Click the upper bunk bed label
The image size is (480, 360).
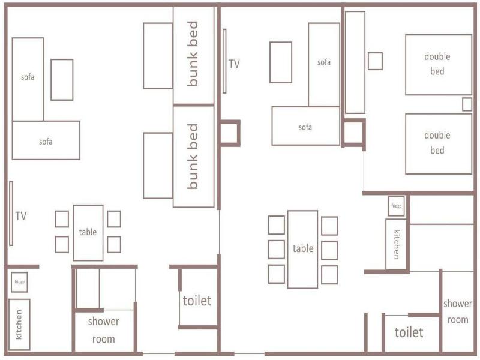pyautogui.click(x=193, y=54)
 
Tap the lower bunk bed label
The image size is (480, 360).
pyautogui.click(x=193, y=157)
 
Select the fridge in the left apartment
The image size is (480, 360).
pyautogui.click(x=19, y=282)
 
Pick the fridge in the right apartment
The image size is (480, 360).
pyautogui.click(x=397, y=206)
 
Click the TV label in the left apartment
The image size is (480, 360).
pyautogui.click(x=21, y=216)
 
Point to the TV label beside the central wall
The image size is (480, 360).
pyautogui.click(x=234, y=64)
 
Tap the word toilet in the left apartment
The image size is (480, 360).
pyautogui.click(x=197, y=301)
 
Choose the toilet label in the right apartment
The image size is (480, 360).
pyautogui.click(x=409, y=332)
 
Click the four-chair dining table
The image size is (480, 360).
pyautogui.click(x=88, y=233)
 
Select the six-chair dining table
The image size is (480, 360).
pyautogui.click(x=302, y=250)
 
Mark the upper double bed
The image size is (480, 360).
pyautogui.click(x=439, y=65)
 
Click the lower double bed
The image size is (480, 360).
pyautogui.click(x=439, y=144)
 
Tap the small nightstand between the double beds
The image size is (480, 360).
pyautogui.click(x=467, y=104)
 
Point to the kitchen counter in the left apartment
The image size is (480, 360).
pyautogui.click(x=19, y=325)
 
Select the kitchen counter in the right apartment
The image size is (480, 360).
pyautogui.click(x=396, y=244)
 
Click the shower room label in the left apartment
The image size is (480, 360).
pyautogui.click(x=103, y=331)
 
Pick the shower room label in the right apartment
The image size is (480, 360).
pyautogui.click(x=458, y=311)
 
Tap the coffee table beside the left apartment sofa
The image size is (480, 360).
pyautogui.click(x=62, y=80)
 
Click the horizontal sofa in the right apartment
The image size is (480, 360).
pyautogui.click(x=305, y=126)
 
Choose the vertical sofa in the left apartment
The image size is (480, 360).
pyautogui.click(x=28, y=79)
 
